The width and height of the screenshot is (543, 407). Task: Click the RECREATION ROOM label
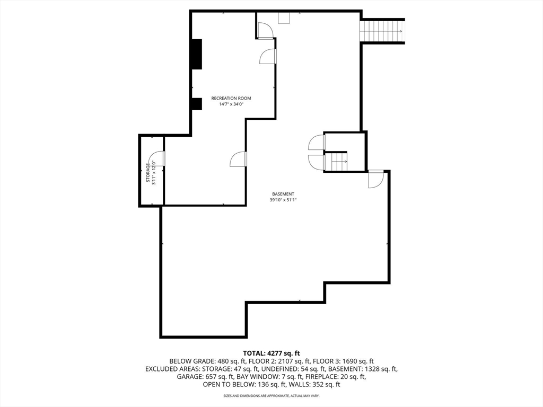coord(231,98)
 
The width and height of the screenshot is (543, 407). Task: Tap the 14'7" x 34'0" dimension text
coord(231,104)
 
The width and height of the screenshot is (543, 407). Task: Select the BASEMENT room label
coord(283,194)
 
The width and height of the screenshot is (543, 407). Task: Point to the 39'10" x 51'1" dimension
coord(283,200)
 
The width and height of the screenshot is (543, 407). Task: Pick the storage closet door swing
coord(159,158)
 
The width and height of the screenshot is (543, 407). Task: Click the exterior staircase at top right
coord(382,31)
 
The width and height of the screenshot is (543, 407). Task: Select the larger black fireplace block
coord(197,54)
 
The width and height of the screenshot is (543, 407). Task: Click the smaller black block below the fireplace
coord(197,104)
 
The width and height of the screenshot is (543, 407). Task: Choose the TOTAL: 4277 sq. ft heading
coord(271,353)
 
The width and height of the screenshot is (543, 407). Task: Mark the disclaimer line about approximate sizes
coord(271,396)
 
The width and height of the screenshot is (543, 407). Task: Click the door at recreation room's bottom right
coord(239,159)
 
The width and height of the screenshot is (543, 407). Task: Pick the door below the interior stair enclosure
coord(375,179)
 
